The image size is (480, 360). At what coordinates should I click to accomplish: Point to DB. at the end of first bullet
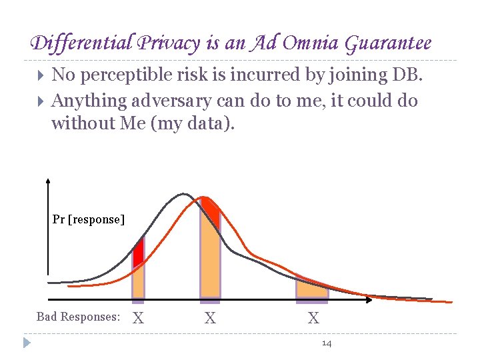[407, 75]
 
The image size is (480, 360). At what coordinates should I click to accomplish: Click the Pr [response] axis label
[89, 219]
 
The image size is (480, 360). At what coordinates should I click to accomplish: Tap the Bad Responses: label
[78, 317]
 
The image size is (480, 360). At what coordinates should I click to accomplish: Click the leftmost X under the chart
[138, 319]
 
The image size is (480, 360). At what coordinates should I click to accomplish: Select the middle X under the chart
[210, 319]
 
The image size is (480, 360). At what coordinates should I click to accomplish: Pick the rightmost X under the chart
[313, 319]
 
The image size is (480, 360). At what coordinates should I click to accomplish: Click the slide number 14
[327, 343]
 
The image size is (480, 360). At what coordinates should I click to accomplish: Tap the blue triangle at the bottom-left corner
[27, 343]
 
